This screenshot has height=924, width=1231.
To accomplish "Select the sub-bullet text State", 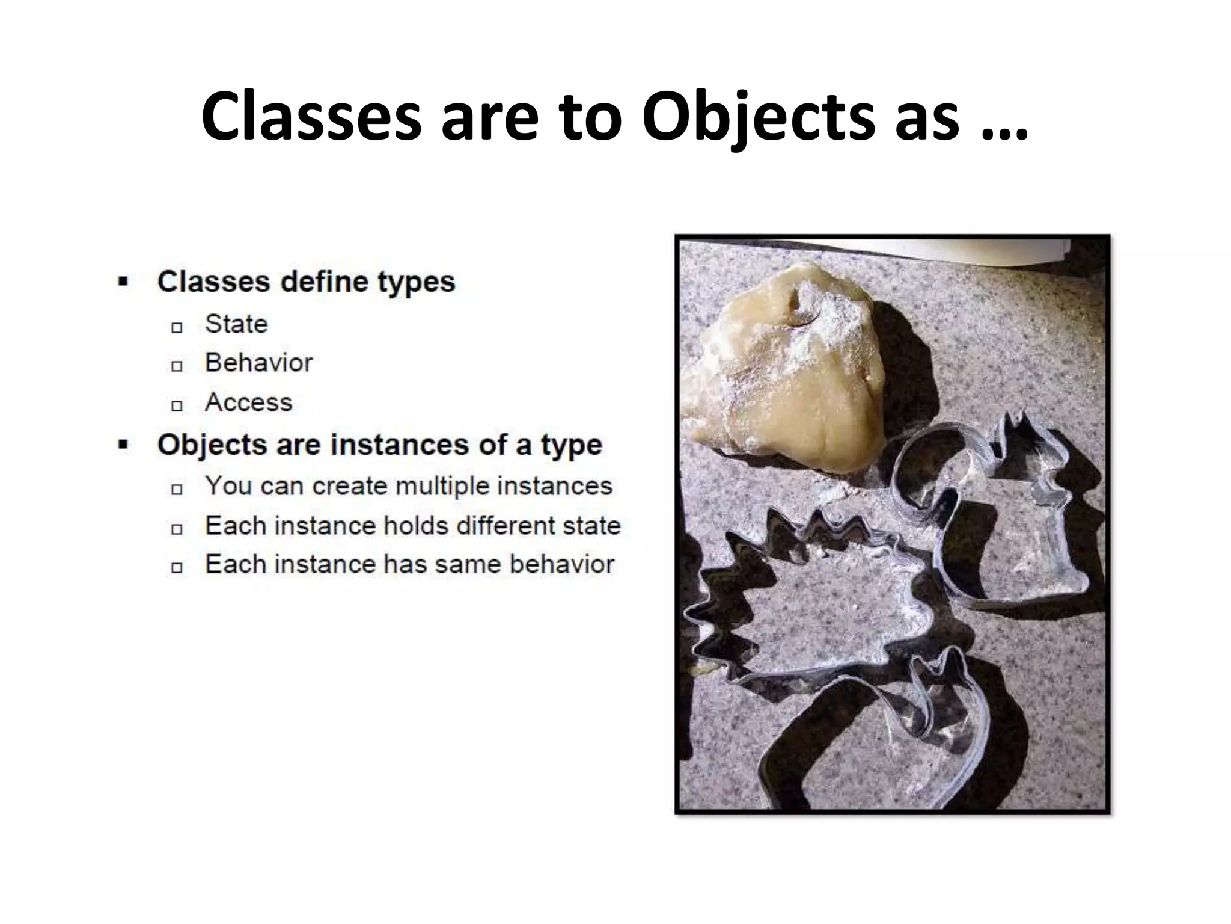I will [x=236, y=324].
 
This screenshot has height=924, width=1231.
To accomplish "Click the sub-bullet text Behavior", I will [x=258, y=363].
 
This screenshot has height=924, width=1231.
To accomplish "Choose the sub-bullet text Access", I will [x=248, y=402].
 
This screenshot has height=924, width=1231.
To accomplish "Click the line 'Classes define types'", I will [x=306, y=282].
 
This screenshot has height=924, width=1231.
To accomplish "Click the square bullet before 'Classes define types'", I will [x=124, y=282].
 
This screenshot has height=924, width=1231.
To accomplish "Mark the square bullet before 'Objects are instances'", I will [x=124, y=445].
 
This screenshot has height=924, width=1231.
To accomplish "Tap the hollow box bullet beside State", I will [x=177, y=327].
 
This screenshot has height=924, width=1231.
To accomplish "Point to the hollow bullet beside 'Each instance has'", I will [x=177, y=567].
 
